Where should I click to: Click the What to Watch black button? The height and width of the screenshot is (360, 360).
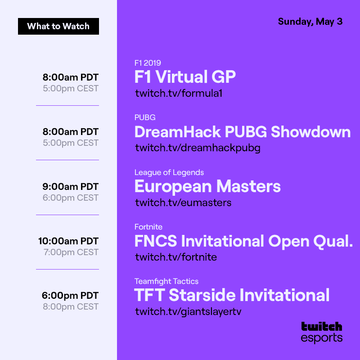click(x=58, y=26)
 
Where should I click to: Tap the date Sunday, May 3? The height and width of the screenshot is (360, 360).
click(x=310, y=22)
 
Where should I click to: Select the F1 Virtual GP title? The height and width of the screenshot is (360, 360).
click(x=185, y=77)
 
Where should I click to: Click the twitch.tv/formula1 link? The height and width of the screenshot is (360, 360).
click(x=179, y=94)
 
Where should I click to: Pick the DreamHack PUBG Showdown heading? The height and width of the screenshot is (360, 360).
click(x=243, y=132)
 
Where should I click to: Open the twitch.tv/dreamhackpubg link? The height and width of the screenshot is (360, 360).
click(x=198, y=148)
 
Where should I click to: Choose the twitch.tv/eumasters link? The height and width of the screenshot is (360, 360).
click(x=183, y=202)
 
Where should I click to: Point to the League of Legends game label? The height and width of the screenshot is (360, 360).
click(x=169, y=172)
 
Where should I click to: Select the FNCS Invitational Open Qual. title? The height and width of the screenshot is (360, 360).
click(x=243, y=241)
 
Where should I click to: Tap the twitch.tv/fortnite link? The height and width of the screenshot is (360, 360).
click(x=176, y=257)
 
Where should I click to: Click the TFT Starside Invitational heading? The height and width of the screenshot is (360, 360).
click(x=232, y=296)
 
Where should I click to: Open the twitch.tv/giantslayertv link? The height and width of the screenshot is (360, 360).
click(x=188, y=312)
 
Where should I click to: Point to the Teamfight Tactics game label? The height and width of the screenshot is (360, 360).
click(x=166, y=281)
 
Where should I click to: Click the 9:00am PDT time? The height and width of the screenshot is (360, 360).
click(x=71, y=186)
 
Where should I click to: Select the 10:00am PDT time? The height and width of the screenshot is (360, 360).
click(x=68, y=241)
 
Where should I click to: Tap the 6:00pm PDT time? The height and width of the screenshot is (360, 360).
click(x=70, y=296)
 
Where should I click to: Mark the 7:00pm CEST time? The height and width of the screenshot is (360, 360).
click(x=71, y=252)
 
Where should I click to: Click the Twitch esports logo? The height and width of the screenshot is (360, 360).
click(x=322, y=332)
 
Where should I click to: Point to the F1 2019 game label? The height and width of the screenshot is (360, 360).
click(x=148, y=63)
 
